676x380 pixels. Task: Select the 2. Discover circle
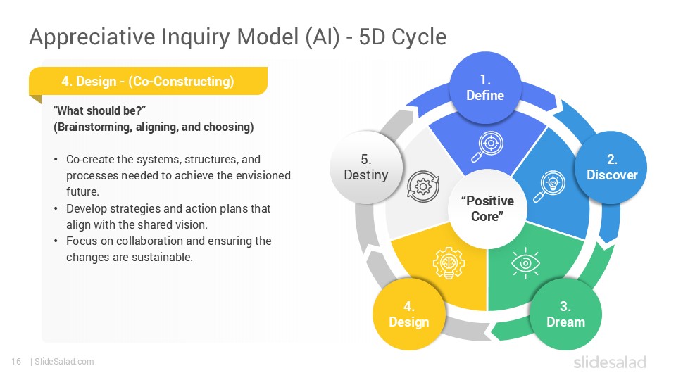point(611,167)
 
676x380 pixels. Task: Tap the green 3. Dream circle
point(565,314)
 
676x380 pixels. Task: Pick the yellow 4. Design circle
point(408,314)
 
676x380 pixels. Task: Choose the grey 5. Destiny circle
point(365,167)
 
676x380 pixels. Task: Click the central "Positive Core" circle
point(487,208)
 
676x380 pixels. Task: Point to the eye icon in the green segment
point(525,262)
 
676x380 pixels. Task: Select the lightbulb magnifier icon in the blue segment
point(549,185)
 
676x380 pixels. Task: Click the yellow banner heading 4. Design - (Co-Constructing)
point(147,82)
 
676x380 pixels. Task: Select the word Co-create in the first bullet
point(89,160)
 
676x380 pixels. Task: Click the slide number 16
point(15,362)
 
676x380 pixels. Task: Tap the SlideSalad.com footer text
point(63,362)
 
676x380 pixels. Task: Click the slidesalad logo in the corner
point(609,362)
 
